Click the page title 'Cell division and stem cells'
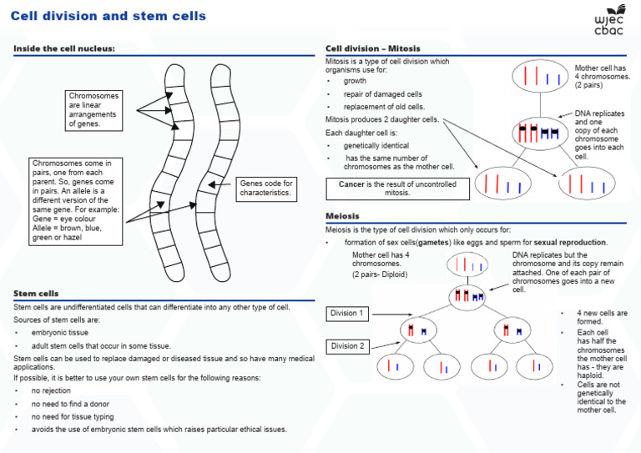point(109,16)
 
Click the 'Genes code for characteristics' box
point(266,189)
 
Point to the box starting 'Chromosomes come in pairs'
point(76,200)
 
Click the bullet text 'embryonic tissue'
point(63,332)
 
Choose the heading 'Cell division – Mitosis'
point(372,48)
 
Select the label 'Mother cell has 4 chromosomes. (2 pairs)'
point(602,77)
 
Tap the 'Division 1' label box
point(346,314)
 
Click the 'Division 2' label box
point(346,346)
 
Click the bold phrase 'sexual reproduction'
point(541,242)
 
